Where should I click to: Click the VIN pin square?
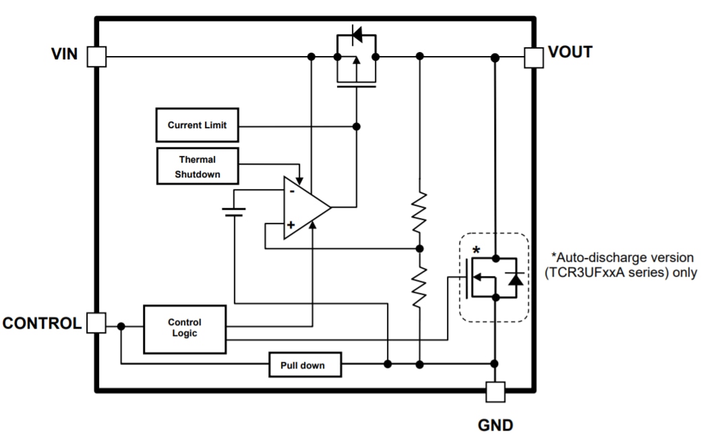[x=97, y=57]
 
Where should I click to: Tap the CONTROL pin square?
[x=97, y=323]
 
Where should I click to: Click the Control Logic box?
[x=184, y=328]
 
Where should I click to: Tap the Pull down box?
[x=305, y=365]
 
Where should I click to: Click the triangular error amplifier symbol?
[x=304, y=206]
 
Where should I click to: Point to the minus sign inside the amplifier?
[x=291, y=191]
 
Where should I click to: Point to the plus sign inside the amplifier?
[x=290, y=225]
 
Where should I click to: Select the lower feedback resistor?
[x=419, y=285]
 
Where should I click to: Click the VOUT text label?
[x=571, y=52]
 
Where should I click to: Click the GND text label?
[x=495, y=425]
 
